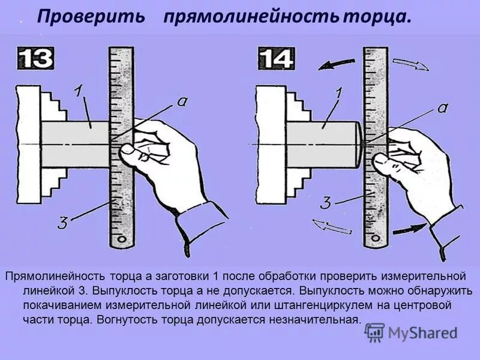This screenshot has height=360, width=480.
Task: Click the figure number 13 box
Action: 35,59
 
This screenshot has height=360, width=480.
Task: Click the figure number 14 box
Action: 276,59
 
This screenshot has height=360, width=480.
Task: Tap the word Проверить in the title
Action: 91,17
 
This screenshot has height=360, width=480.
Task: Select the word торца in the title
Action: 377,17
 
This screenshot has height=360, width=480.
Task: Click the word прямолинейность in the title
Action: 250,17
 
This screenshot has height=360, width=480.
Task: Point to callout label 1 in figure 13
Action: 79,92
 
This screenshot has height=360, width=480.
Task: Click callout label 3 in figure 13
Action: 62,224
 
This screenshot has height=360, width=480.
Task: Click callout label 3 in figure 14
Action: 325,203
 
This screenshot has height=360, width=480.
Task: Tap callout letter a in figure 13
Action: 181,102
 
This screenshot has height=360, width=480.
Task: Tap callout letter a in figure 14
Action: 443,108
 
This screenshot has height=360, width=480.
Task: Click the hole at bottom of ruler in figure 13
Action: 122,238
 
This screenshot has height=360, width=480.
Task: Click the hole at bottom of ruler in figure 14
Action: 376,238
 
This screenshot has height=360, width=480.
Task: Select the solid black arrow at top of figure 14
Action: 336,63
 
